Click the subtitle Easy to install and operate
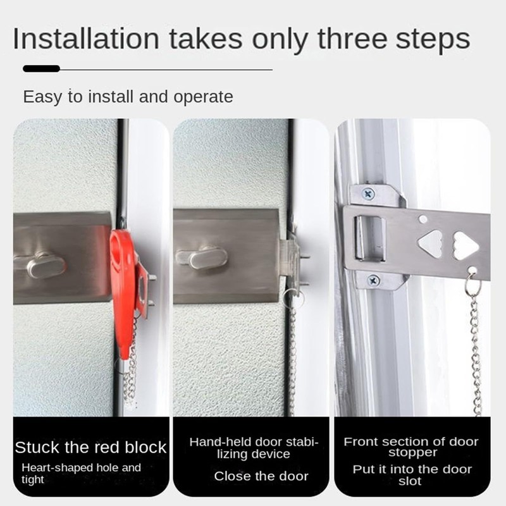coord(128,97)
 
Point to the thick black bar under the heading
coord(41,68)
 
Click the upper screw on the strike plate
coord(369,194)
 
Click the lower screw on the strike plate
coord(373,279)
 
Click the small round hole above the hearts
coord(423,219)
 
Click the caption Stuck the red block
coord(90,448)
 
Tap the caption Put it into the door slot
coord(412,475)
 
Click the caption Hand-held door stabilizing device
coord(253,448)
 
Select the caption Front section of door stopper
coord(411,447)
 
